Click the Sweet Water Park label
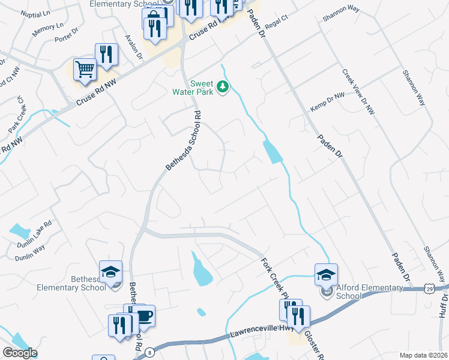pyautogui.click(x=203, y=88)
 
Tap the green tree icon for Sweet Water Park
pyautogui.click(x=223, y=88)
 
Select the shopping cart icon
pyautogui.click(x=85, y=70)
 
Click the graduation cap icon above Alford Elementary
pyautogui.click(x=326, y=275)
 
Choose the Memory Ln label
pyautogui.click(x=48, y=28)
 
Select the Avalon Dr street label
pyautogui.click(x=133, y=47)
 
